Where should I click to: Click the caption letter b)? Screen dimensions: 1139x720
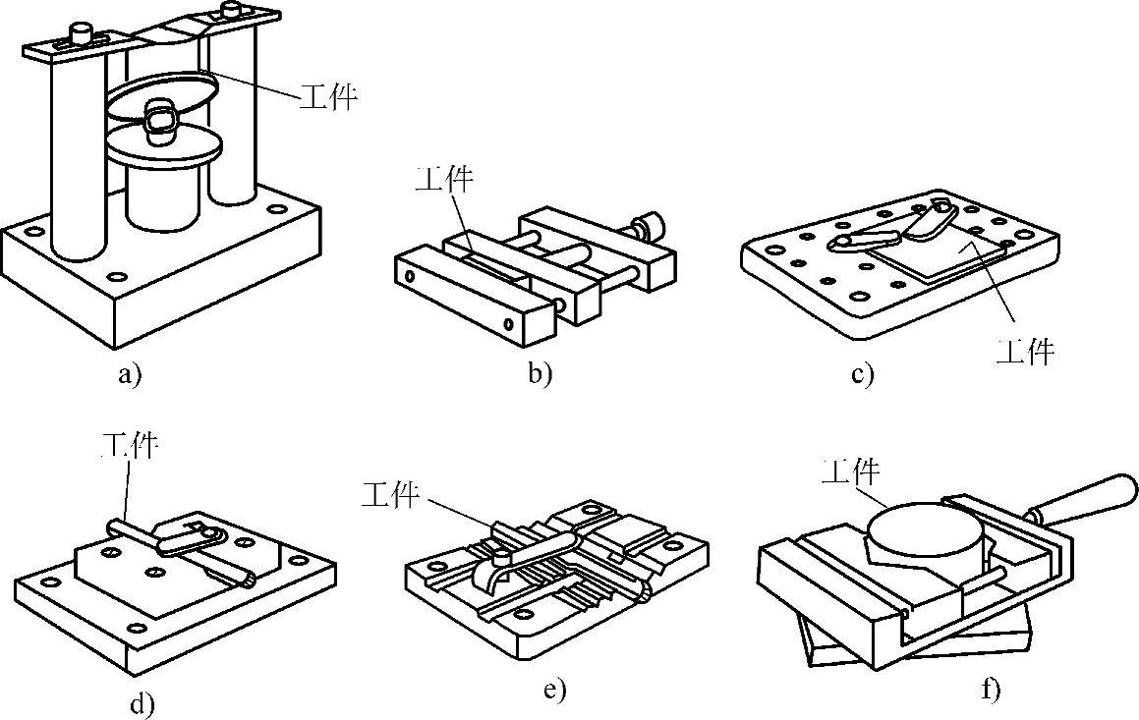[540, 374]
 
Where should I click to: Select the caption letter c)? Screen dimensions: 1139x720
[862, 375]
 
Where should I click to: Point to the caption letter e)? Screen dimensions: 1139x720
[554, 691]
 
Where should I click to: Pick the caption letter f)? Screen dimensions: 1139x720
[991, 689]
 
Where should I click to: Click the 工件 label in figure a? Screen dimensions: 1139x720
[329, 96]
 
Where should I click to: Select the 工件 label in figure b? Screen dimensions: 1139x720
[444, 179]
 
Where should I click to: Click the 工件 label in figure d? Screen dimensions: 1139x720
[130, 445]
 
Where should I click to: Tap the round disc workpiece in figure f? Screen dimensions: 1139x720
[924, 536]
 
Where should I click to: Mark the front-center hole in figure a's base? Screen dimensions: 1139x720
[113, 277]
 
